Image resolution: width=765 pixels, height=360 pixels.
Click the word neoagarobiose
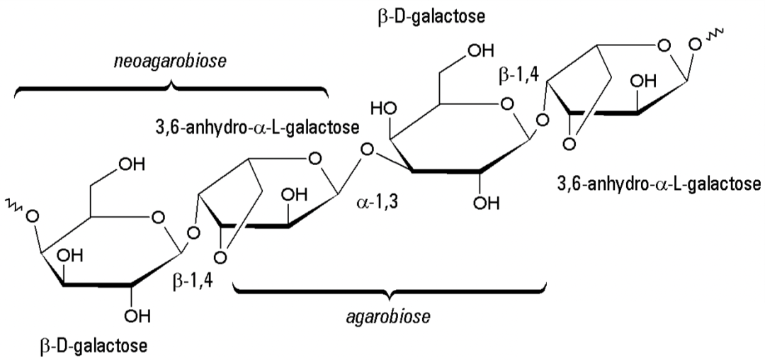(170, 62)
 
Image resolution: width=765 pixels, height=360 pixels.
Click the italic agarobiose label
(389, 316)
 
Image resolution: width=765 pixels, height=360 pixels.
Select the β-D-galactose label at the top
(431, 16)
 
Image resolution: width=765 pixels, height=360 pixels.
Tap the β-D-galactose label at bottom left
(93, 347)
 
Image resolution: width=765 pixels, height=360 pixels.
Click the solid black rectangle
(642, 330)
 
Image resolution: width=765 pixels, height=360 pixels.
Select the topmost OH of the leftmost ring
(129, 164)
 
